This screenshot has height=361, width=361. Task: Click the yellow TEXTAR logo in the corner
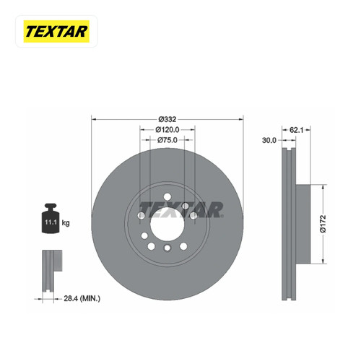[56, 31]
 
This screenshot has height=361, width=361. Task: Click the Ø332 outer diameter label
[168, 119]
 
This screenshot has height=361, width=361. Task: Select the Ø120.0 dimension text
[168, 130]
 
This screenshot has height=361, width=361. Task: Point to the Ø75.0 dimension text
[168, 140]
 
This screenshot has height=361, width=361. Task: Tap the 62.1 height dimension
[296, 130]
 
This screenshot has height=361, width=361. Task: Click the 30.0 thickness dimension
[269, 140]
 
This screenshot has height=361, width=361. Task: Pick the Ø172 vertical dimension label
[323, 224]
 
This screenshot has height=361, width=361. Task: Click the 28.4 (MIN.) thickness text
[82, 299]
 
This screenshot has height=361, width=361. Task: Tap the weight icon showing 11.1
[51, 218]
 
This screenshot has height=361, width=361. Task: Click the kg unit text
[66, 223]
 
